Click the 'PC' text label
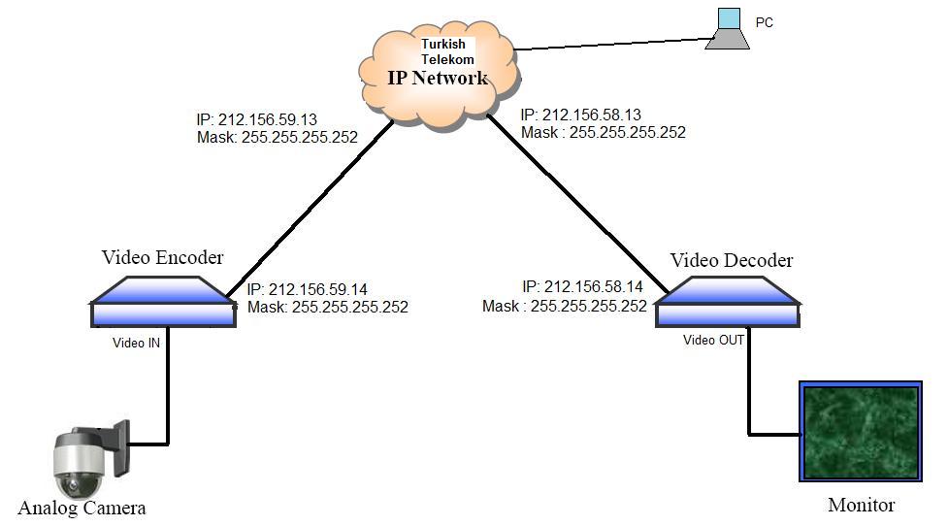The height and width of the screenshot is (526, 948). tap(765, 22)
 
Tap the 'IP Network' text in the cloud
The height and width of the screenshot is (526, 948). tap(438, 79)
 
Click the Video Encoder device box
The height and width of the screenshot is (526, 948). tap(163, 302)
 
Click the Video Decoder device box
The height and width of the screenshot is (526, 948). tap(729, 303)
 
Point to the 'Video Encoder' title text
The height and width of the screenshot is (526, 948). tap(162, 257)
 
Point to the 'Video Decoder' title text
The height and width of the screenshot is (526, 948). tap(731, 260)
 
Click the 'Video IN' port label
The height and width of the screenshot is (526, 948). tap(137, 343)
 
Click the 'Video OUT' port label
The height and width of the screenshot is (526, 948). tap(714, 340)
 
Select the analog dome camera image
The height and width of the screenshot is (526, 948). tap(86, 460)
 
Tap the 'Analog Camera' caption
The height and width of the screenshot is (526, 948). tap(82, 508)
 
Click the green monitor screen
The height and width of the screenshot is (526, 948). tap(859, 431)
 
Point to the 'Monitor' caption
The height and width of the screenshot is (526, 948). tap(861, 505)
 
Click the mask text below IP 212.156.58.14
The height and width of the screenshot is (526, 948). tap(565, 305)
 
